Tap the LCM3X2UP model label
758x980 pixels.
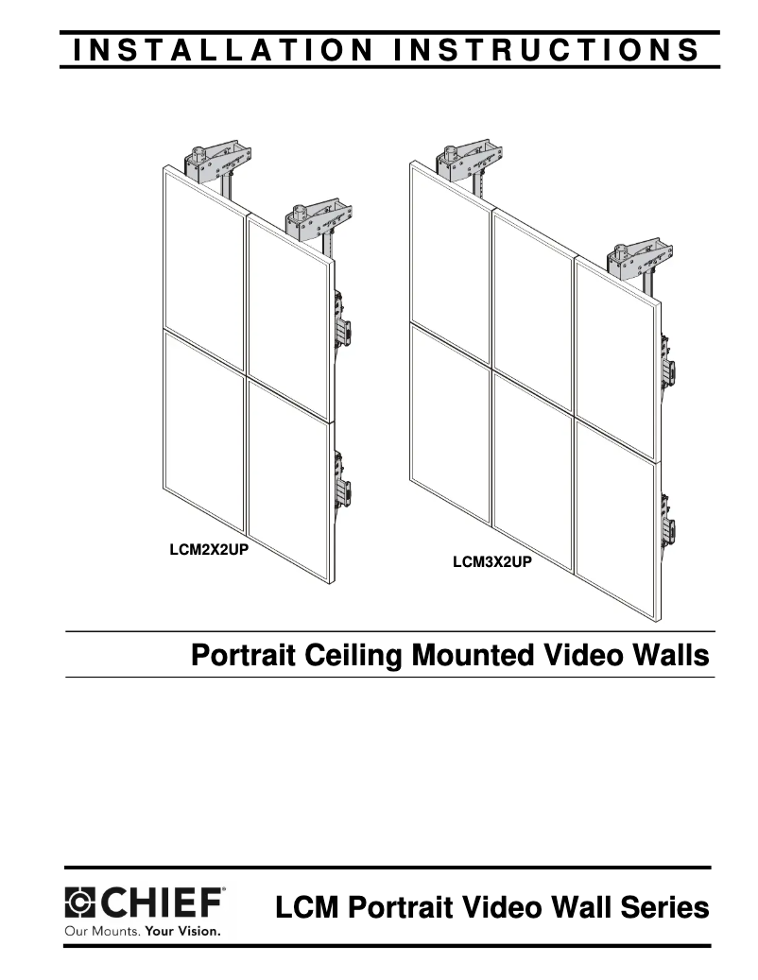(x=491, y=564)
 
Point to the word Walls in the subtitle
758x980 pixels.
(x=672, y=655)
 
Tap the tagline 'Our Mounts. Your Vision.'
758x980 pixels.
(x=142, y=931)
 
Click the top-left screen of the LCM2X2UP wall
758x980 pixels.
(x=204, y=269)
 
